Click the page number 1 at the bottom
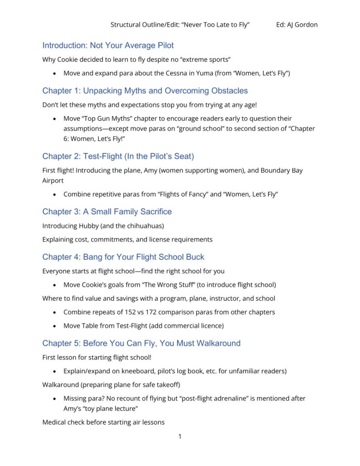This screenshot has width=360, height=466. point(180,437)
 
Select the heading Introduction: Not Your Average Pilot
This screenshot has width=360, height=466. point(108,46)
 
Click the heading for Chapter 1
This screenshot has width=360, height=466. point(145,91)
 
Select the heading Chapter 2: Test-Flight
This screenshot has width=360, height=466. point(118,157)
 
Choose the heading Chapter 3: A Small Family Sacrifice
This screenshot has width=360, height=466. point(107,212)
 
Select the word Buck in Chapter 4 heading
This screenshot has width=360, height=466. point(195,257)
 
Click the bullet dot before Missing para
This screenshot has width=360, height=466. point(55,399)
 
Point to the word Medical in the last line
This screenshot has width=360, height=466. point(55,422)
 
